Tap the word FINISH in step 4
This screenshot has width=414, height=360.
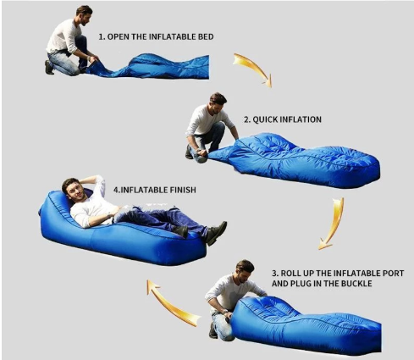(183, 190)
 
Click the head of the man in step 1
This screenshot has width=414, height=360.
(84, 14)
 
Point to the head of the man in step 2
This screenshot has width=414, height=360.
(218, 102)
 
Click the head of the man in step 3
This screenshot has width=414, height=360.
(245, 270)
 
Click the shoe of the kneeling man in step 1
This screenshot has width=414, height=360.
(48, 67)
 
